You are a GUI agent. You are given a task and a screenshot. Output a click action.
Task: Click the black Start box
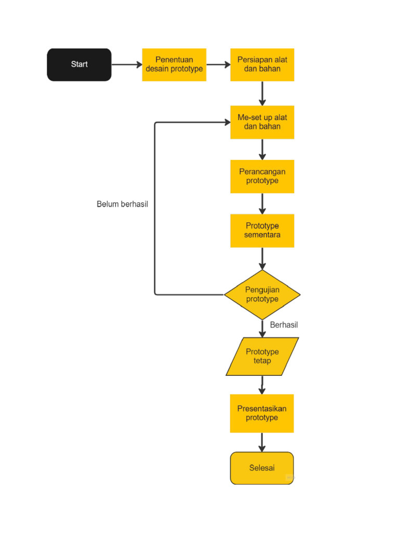pyautogui.click(x=79, y=65)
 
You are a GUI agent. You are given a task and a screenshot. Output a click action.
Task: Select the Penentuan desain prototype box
pyautogui.click(x=174, y=65)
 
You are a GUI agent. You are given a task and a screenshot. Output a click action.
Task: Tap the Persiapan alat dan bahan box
pyautogui.click(x=262, y=65)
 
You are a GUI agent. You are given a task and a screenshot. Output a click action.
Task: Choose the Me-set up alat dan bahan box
pyautogui.click(x=262, y=122)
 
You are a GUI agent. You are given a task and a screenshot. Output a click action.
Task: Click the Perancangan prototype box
pyautogui.click(x=262, y=176)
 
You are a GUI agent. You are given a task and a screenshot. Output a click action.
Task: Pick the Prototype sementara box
pyautogui.click(x=262, y=231)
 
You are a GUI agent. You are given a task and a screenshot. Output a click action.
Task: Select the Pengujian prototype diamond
pyautogui.click(x=262, y=295)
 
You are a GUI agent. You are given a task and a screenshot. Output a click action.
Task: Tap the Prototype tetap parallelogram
pyautogui.click(x=262, y=357)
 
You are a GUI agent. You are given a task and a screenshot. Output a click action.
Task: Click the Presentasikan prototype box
pyautogui.click(x=262, y=413)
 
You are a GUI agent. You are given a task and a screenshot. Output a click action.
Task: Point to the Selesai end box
pyautogui.click(x=262, y=468)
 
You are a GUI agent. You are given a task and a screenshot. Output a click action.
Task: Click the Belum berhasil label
pyautogui.click(x=122, y=204)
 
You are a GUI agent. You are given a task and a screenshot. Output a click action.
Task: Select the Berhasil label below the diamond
pyautogui.click(x=284, y=325)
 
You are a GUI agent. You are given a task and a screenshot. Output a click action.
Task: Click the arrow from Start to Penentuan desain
pyautogui.click(x=126, y=65)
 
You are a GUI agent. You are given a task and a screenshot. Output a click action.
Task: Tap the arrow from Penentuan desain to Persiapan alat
pyautogui.click(x=218, y=65)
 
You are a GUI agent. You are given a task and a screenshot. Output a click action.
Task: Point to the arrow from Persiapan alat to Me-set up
pyautogui.click(x=262, y=93)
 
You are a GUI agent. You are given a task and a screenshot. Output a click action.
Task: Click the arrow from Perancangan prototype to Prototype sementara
pyautogui.click(x=262, y=204)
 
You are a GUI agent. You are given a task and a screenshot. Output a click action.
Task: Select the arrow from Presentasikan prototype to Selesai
pyautogui.click(x=262, y=442)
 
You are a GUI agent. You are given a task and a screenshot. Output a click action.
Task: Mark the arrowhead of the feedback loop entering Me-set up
pyautogui.click(x=227, y=122)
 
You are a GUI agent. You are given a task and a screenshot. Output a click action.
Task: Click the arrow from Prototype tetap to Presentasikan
pyautogui.click(x=262, y=385)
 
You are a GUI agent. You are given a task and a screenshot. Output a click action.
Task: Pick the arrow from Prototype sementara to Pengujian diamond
pyautogui.click(x=262, y=258)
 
